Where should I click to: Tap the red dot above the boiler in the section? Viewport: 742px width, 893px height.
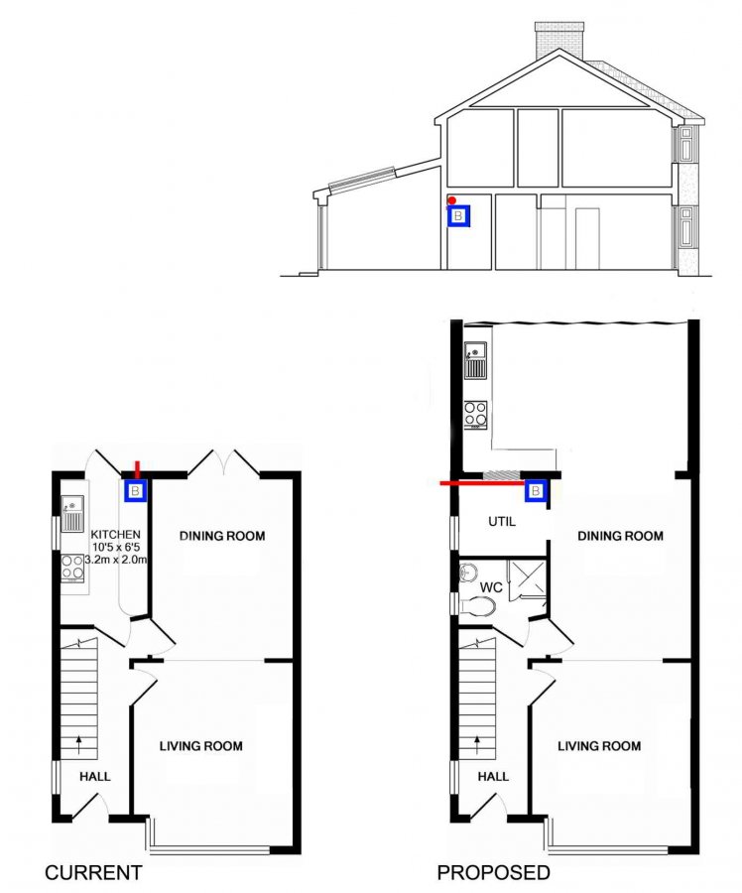coord(451,200)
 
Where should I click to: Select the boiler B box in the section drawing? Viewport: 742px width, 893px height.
coord(459,216)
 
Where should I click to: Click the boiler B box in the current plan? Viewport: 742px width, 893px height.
coord(136,490)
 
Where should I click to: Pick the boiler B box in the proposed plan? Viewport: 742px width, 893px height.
coord(536,490)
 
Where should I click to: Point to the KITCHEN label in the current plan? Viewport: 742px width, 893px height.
coord(116,534)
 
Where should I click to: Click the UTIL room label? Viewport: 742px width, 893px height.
coord(502,521)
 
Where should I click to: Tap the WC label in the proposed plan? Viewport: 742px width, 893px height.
coord(491,587)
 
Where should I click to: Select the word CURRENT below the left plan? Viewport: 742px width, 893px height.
coord(93,872)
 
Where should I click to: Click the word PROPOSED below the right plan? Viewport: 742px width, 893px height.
coord(494,872)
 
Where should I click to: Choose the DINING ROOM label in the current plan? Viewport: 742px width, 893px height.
coord(222,536)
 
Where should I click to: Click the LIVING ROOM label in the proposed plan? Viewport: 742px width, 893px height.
coord(599,746)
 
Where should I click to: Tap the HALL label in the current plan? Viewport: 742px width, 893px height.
coord(95,777)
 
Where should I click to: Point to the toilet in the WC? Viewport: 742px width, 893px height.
coord(478,606)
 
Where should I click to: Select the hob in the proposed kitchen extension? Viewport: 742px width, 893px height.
coord(475,415)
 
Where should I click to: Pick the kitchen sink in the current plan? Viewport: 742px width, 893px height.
coord(72,514)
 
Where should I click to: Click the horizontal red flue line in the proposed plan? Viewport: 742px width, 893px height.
coord(483,483)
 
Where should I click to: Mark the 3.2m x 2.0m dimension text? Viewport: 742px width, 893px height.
coord(116,560)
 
